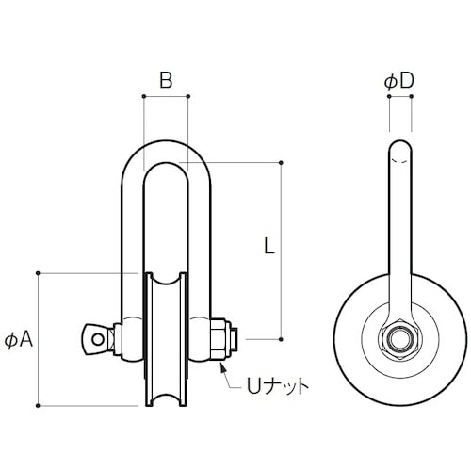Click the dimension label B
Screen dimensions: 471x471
[165, 81]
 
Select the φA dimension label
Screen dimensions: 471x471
[20, 339]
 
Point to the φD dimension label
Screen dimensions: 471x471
[399, 82]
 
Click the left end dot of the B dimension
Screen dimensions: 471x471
[143, 96]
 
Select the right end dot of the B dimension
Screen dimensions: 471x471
[188, 96]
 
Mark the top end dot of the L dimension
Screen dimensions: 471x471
[282, 162]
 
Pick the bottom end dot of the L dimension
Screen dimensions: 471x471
[282, 338]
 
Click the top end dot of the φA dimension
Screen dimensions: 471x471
[38, 273]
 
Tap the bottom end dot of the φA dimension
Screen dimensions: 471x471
[38, 405]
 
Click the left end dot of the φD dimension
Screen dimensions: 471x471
[389, 97]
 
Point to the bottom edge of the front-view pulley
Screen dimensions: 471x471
[166, 406]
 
